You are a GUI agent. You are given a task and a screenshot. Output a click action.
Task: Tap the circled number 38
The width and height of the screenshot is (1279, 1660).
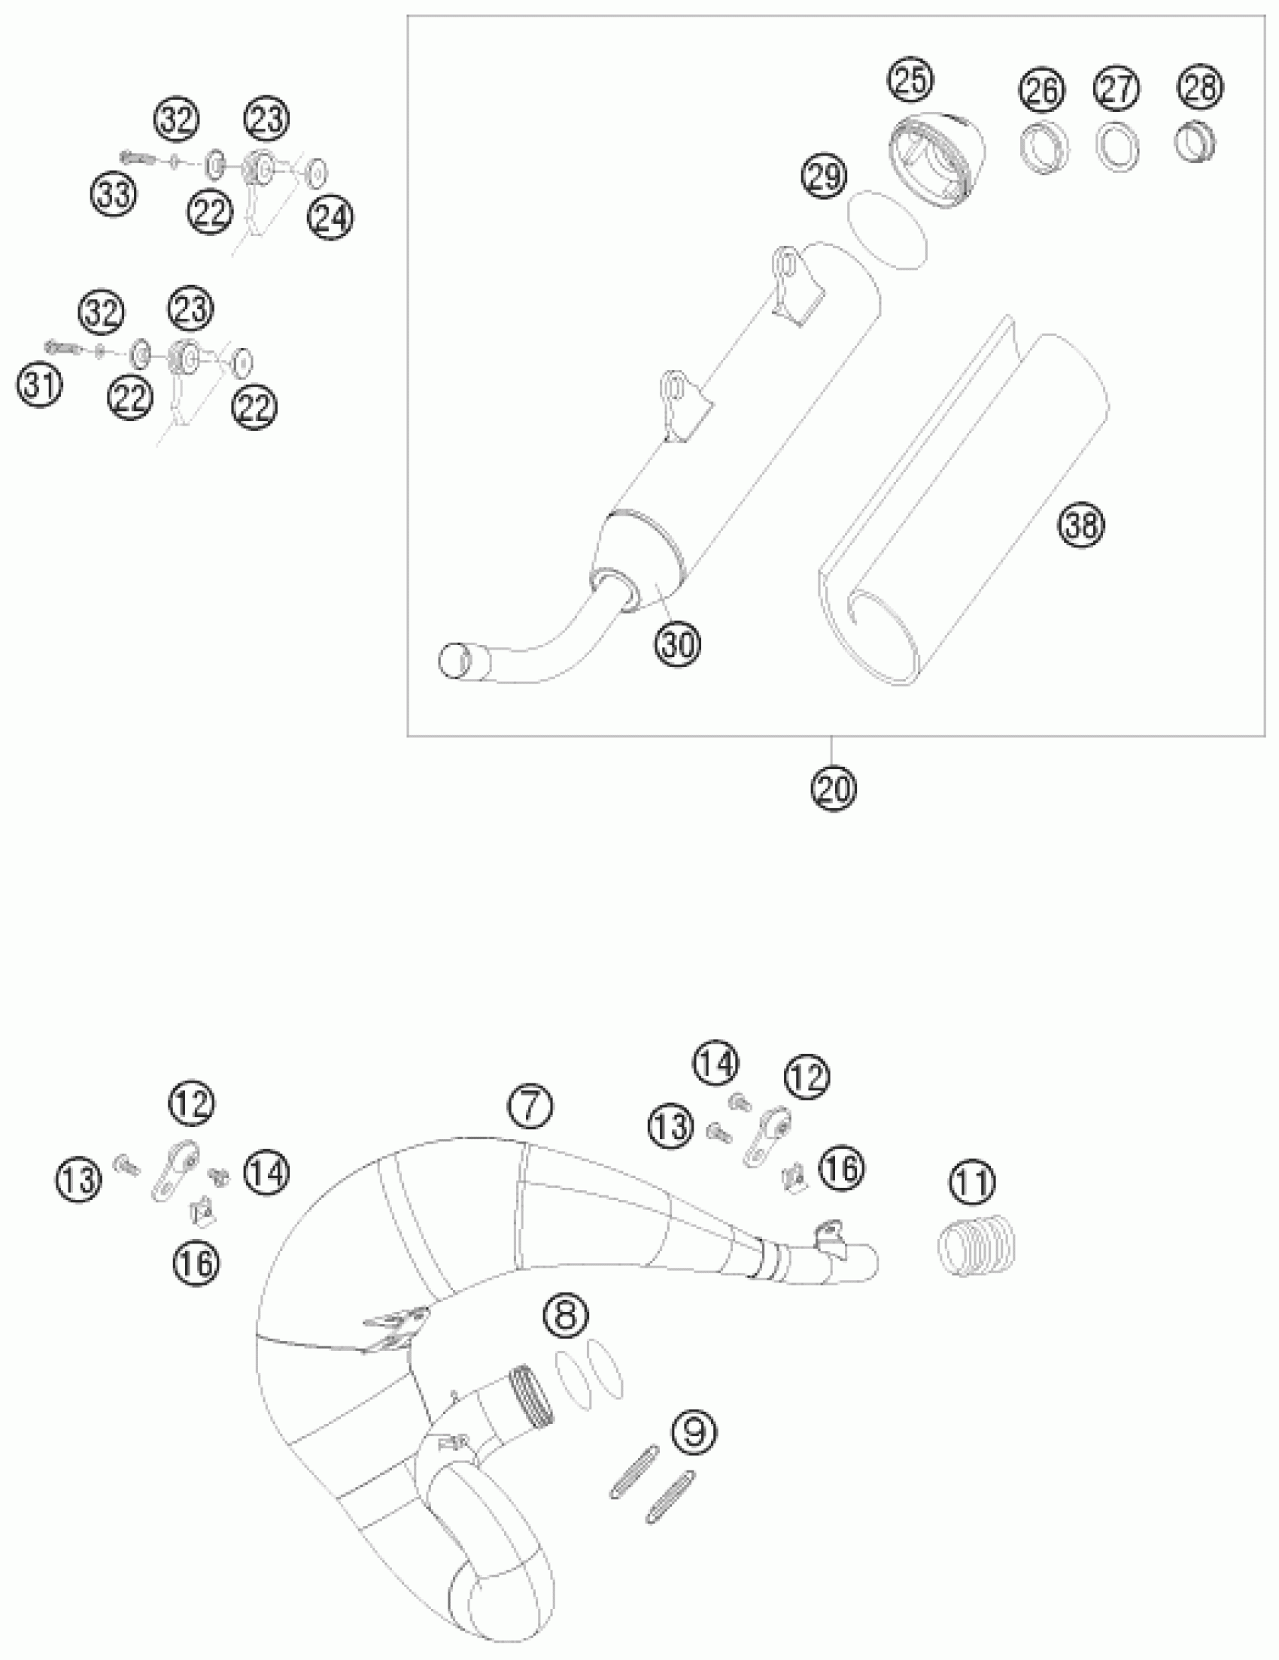[x=1081, y=525]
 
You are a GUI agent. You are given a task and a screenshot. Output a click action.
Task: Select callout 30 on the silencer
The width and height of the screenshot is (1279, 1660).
[x=678, y=644]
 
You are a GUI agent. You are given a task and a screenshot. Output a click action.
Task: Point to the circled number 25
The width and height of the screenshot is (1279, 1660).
[x=911, y=80]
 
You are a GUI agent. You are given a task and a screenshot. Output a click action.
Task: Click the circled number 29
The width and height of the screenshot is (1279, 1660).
[x=825, y=177]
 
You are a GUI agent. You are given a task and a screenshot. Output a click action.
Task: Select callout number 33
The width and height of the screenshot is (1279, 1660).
[x=115, y=195]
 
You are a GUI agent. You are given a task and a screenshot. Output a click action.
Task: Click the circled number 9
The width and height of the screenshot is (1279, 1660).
[x=694, y=1431]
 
